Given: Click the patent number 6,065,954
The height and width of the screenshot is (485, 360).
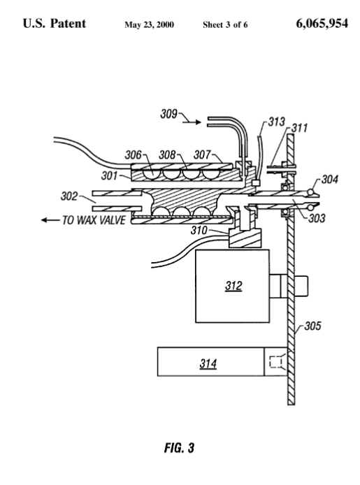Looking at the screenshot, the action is coord(322,24).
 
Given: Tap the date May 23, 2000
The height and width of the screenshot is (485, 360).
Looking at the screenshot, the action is coord(149,24).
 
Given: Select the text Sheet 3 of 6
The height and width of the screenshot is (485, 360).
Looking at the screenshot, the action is coord(225,24).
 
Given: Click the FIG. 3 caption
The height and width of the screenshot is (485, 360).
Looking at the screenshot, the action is coord(179,447).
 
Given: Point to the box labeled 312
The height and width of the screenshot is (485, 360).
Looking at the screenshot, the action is coord(232,286).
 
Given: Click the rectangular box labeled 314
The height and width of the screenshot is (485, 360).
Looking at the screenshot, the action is coord(210,361).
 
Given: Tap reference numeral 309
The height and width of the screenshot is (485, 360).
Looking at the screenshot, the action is coord(168,114).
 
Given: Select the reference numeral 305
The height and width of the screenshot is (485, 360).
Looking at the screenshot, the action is coord(312,326).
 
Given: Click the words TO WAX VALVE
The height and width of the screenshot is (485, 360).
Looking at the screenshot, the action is coord(94,220).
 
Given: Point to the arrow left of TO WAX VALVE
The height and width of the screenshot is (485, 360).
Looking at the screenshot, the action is coord(50,220).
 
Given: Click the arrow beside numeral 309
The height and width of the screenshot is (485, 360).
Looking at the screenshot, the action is coord(192,122).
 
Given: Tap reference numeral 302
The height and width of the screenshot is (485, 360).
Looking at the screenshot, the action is coord(69,196).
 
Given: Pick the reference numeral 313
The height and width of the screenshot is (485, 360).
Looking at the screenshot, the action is coord(276,122).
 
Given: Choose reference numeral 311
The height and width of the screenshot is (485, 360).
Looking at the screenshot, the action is coord(299,128).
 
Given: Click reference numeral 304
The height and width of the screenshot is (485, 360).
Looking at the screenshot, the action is coord(330,180).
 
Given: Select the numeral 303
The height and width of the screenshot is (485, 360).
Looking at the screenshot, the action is coord(317,218).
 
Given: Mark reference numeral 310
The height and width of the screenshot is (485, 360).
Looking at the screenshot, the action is coord(199,230).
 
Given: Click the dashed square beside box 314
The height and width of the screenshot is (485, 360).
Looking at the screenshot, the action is coord(276,362).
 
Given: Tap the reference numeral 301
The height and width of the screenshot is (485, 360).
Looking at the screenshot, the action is coord(110,175).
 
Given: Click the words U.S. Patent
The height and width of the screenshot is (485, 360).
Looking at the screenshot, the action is coord(55,24).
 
